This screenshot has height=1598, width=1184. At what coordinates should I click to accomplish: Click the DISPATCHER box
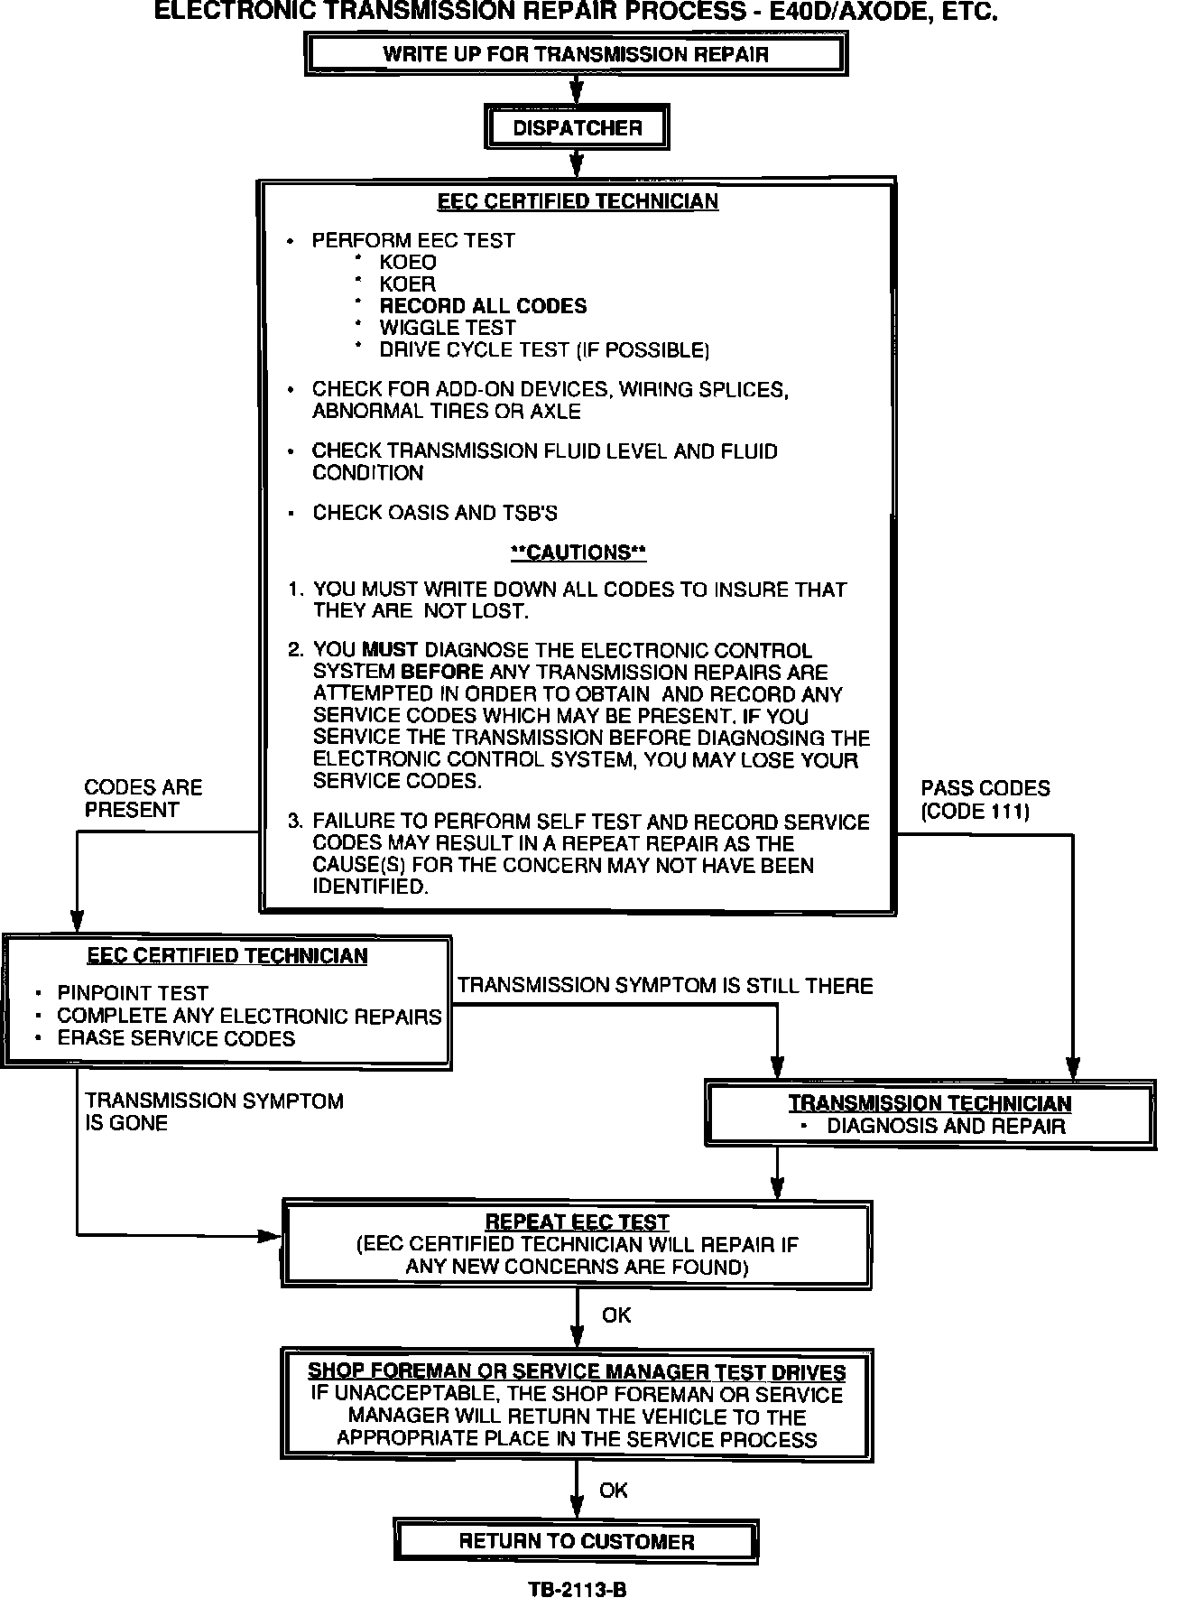pyautogui.click(x=577, y=128)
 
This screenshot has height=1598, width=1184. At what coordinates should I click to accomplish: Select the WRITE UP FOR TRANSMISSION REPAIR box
pyautogui.click(x=576, y=54)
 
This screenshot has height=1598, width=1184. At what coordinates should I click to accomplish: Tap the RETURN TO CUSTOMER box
pyautogui.click(x=577, y=1541)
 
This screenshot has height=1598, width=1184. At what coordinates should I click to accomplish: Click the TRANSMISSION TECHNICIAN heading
pyautogui.click(x=930, y=1103)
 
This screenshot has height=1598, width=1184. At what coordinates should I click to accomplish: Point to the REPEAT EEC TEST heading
pyautogui.click(x=577, y=1222)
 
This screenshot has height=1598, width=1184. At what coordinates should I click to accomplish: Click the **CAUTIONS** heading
pyautogui.click(x=578, y=552)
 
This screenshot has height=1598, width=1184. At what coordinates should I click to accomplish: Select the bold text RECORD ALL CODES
pyautogui.click(x=483, y=306)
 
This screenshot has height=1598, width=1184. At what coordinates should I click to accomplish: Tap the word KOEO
pyautogui.click(x=408, y=263)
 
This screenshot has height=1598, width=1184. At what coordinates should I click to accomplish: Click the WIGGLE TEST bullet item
pyautogui.click(x=448, y=328)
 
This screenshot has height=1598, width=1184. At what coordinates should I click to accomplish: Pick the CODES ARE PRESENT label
pyautogui.click(x=143, y=799)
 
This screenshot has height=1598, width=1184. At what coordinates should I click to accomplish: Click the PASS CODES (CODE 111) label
pyautogui.click(x=985, y=800)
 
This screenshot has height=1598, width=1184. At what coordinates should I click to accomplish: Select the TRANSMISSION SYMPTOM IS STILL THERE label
pyautogui.click(x=665, y=986)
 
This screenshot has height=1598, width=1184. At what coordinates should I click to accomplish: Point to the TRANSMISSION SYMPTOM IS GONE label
pyautogui.click(x=214, y=1112)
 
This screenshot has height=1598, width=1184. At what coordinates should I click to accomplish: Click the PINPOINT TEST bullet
pyautogui.click(x=133, y=993)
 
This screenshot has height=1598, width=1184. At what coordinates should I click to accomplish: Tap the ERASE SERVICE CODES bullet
pyautogui.click(x=176, y=1038)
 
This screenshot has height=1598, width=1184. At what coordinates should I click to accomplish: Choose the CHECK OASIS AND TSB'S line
pyautogui.click(x=435, y=513)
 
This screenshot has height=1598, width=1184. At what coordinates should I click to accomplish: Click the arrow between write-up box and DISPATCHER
pyautogui.click(x=577, y=89)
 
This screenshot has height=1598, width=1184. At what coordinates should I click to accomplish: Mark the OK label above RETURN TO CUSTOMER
pyautogui.click(x=613, y=1490)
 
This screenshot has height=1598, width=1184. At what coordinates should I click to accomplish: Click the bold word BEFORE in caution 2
pyautogui.click(x=442, y=673)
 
